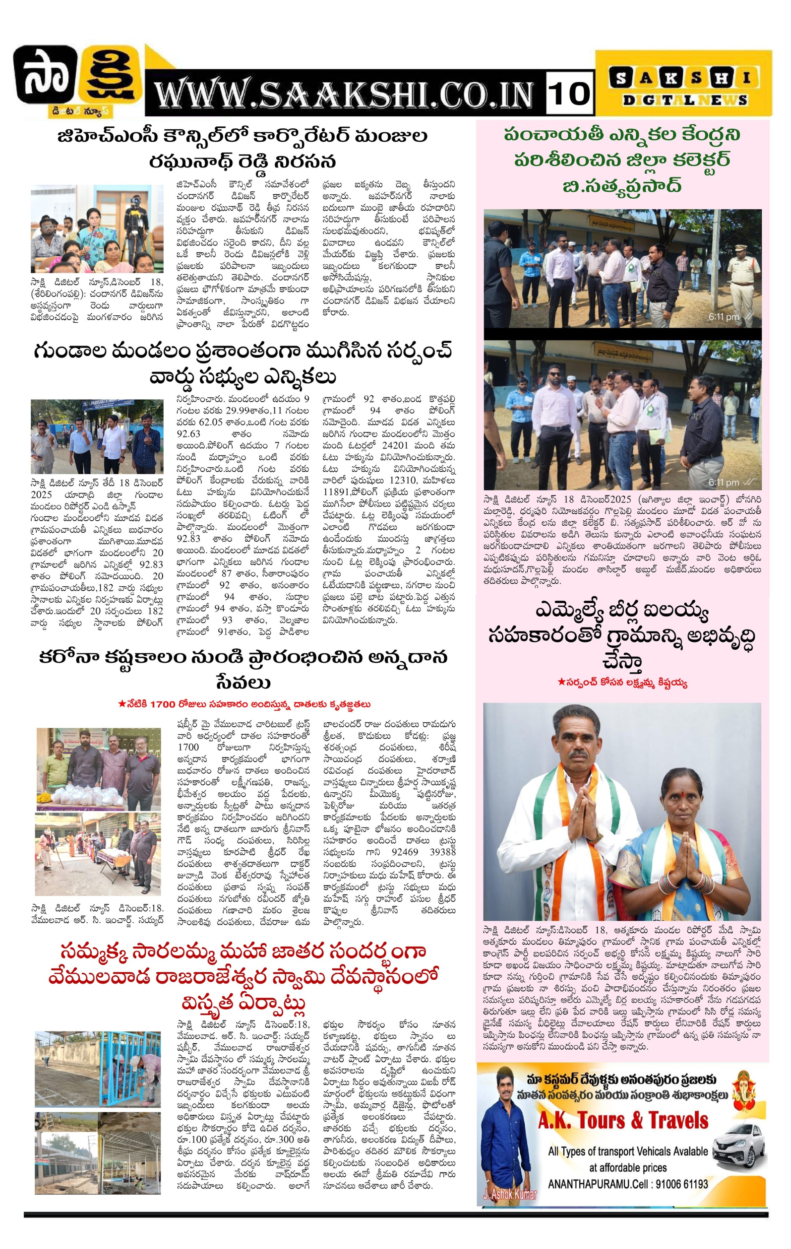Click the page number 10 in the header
570,93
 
